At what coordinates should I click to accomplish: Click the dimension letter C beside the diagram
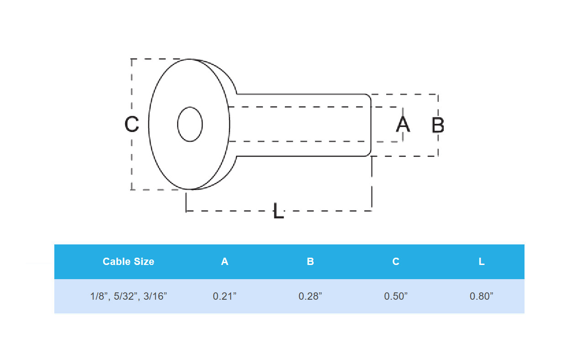coord(131,124)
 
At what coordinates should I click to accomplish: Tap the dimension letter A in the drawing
coord(403,124)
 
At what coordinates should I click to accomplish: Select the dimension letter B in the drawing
coord(438,125)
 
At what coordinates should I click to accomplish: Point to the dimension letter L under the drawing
coord(278,211)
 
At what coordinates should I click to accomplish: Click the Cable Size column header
coord(128,261)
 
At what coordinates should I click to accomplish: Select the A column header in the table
coord(225,261)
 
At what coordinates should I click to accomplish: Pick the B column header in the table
coord(310,261)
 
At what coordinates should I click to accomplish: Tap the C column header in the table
coord(396,261)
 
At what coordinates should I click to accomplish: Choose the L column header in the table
coord(482,261)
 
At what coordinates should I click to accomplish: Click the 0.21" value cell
coord(225,296)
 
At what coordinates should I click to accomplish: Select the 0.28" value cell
coord(310,296)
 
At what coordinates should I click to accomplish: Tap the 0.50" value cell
coord(396,296)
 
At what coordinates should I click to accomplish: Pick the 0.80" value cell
coord(482,296)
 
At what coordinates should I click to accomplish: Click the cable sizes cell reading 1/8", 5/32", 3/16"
coord(128,296)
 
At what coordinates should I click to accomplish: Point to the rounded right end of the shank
coord(370,125)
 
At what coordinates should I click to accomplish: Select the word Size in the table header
coord(143,261)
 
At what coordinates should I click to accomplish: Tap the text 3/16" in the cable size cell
coord(155,296)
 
